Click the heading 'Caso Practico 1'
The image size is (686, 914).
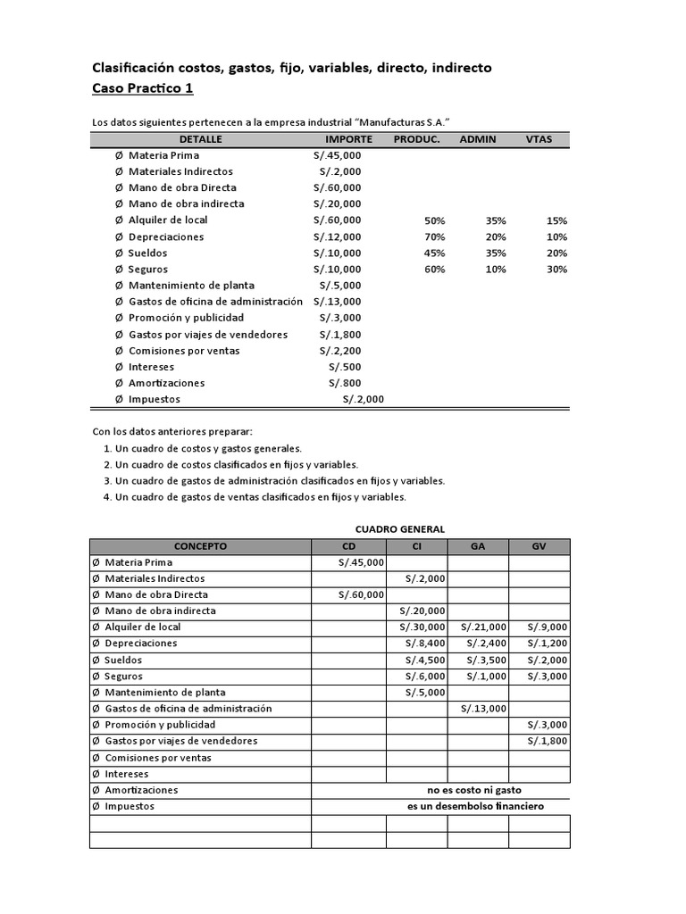[143, 88]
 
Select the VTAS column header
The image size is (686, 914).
[539, 139]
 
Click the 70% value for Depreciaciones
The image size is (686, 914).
[435, 237]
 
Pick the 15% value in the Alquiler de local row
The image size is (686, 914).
[557, 220]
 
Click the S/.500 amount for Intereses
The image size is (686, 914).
[345, 367]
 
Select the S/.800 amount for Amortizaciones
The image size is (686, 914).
[345, 383]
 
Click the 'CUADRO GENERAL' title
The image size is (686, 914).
[400, 529]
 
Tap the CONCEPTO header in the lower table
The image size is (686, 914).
[200, 546]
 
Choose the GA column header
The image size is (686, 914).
[478, 546]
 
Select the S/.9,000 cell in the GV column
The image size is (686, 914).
[547, 627]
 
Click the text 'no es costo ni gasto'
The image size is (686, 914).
[474, 790]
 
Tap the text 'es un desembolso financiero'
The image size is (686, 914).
[475, 806]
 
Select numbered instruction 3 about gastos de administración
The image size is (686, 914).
[274, 481]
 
